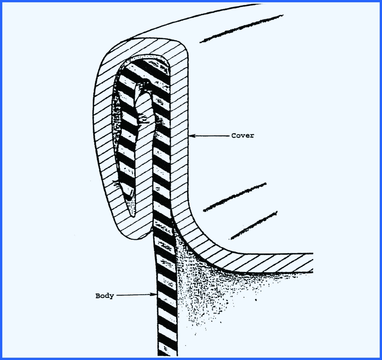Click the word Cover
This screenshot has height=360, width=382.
click(242, 136)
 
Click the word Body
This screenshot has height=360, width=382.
click(104, 296)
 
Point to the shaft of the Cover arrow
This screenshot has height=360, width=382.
click(210, 136)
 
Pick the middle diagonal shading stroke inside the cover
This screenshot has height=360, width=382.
click(235, 197)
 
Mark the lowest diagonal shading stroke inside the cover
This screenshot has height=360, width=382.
click(254, 225)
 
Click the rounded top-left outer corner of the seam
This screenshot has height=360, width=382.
click(105, 61)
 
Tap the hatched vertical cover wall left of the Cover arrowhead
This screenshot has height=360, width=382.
click(180, 136)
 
